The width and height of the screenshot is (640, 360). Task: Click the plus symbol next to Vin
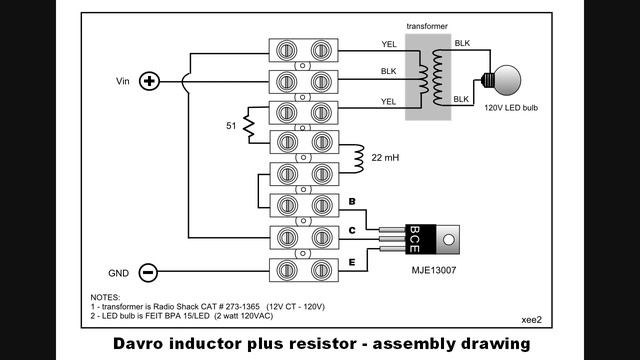click(x=149, y=81)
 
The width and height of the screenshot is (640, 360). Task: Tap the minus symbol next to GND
click(x=148, y=272)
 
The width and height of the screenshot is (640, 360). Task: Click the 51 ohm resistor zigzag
click(x=249, y=125)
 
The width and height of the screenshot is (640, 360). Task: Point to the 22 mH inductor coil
click(x=359, y=159)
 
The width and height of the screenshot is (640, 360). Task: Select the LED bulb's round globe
click(x=507, y=80)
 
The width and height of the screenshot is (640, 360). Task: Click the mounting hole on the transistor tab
click(x=448, y=240)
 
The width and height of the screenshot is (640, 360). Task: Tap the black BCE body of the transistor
click(x=420, y=239)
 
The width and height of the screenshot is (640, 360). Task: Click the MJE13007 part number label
click(x=433, y=270)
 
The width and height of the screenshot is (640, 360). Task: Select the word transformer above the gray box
click(x=427, y=26)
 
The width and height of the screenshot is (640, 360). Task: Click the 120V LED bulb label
click(x=511, y=108)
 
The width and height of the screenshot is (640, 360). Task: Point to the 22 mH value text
click(x=385, y=158)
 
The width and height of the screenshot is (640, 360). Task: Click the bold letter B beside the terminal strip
click(x=352, y=201)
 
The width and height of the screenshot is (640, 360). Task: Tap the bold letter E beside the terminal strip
click(x=352, y=262)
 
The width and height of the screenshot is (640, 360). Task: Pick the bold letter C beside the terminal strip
click(x=352, y=231)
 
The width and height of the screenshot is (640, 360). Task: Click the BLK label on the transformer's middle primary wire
click(x=388, y=71)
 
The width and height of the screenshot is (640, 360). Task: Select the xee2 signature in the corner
click(x=531, y=320)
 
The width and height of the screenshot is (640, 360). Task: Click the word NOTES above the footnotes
click(x=105, y=297)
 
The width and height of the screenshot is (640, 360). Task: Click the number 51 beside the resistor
click(x=231, y=126)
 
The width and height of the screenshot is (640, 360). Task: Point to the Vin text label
click(x=122, y=81)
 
